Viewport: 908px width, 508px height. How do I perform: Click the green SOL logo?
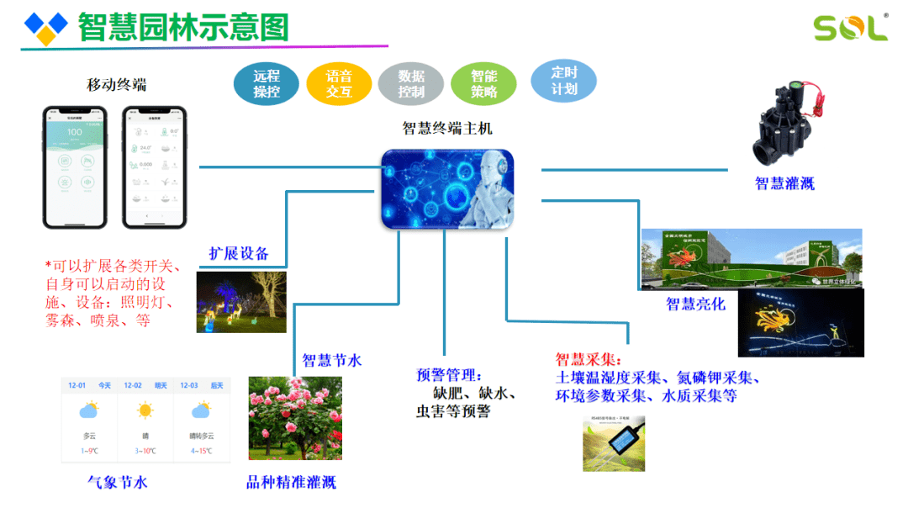point(850,27)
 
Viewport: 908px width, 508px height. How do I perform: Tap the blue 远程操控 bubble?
point(267,83)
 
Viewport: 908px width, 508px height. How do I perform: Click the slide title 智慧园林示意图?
point(183,27)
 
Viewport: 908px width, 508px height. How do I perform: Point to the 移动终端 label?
point(116,85)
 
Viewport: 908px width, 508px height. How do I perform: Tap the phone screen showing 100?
point(75,167)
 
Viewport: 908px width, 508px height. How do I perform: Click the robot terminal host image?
point(447,189)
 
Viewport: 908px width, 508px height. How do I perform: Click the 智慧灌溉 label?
point(784,183)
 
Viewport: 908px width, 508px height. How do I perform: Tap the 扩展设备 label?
point(239,254)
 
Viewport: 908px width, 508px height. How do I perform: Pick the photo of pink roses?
point(295,418)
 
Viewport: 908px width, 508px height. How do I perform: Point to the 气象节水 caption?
point(118,483)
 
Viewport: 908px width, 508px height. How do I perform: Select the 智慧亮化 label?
point(695,304)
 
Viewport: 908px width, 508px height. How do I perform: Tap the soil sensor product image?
point(614,442)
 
